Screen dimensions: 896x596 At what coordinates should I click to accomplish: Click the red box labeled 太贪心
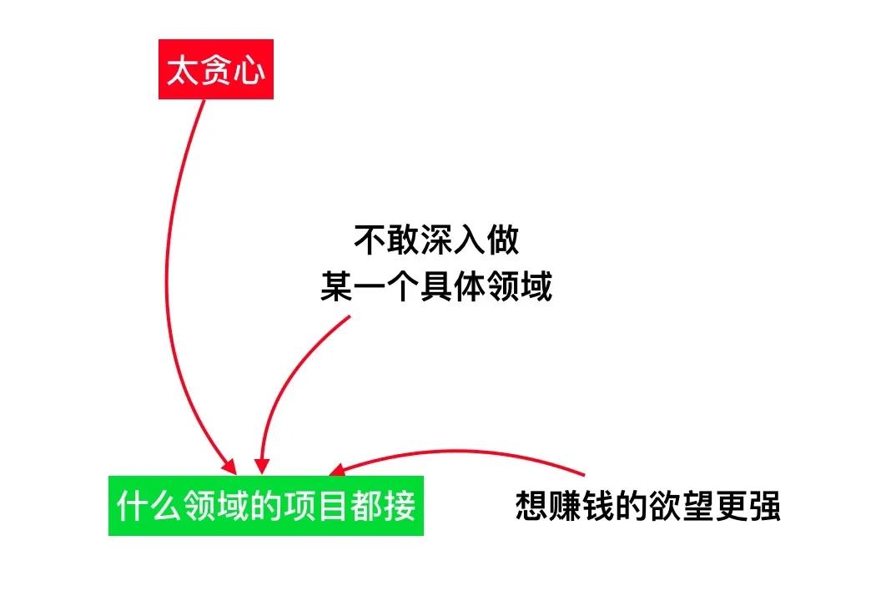[216, 69]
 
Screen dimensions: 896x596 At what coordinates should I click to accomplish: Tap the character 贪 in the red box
[216, 70]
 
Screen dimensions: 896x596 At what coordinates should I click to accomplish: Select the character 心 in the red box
[249, 70]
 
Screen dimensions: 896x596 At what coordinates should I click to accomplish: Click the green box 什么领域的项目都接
[266, 506]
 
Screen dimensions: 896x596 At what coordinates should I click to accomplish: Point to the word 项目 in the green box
[316, 506]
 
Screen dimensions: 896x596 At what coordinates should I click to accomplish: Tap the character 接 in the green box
[400, 506]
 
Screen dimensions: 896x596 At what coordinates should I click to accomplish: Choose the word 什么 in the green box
[149, 506]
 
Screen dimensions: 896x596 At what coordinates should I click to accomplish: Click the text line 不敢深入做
[436, 240]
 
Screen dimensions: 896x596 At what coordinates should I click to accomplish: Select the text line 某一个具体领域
[436, 286]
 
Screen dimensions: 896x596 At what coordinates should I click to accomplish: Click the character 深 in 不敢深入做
[436, 240]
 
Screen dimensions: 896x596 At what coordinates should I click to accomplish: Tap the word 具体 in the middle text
[453, 286]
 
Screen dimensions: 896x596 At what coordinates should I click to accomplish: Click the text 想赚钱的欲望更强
[647, 506]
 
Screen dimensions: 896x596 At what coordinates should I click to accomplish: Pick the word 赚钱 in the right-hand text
[581, 506]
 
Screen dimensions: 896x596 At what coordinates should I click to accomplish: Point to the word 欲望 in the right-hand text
[681, 506]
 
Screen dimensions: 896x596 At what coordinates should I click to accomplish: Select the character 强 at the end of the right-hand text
[764, 506]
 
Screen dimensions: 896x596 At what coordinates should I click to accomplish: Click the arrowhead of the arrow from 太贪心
[230, 467]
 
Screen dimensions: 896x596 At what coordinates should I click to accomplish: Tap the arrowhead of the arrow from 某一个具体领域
[262, 466]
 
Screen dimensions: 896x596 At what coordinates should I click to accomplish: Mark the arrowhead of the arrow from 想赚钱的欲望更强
[337, 470]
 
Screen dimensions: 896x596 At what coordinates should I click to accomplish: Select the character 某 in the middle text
[336, 286]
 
